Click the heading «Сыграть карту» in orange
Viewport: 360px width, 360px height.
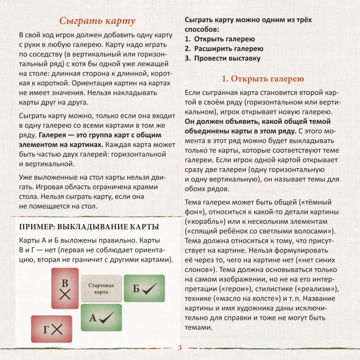point(97,21)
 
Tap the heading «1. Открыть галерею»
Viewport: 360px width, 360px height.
point(263,79)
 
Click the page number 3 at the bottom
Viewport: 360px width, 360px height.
point(180,348)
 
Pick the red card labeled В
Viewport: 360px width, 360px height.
point(65,288)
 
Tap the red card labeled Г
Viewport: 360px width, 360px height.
point(51,329)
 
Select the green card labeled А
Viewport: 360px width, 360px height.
point(101,317)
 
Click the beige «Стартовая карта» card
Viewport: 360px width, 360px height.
point(101,288)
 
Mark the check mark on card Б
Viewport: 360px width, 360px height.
point(149,288)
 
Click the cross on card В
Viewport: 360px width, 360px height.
point(65,295)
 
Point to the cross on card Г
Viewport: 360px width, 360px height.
point(57,329)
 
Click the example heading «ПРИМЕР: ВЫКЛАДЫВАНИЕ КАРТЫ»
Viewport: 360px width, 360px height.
point(89,227)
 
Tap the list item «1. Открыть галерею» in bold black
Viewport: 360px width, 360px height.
point(220,39)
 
